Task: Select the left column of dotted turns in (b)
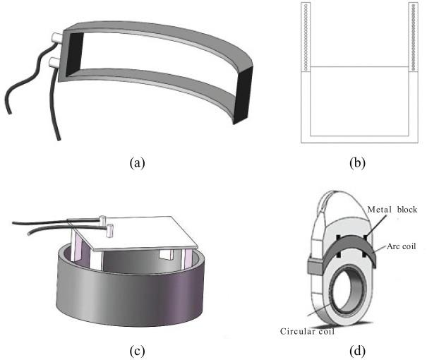[x=305, y=35]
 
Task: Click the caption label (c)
[x=138, y=347]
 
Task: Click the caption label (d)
[x=359, y=347]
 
